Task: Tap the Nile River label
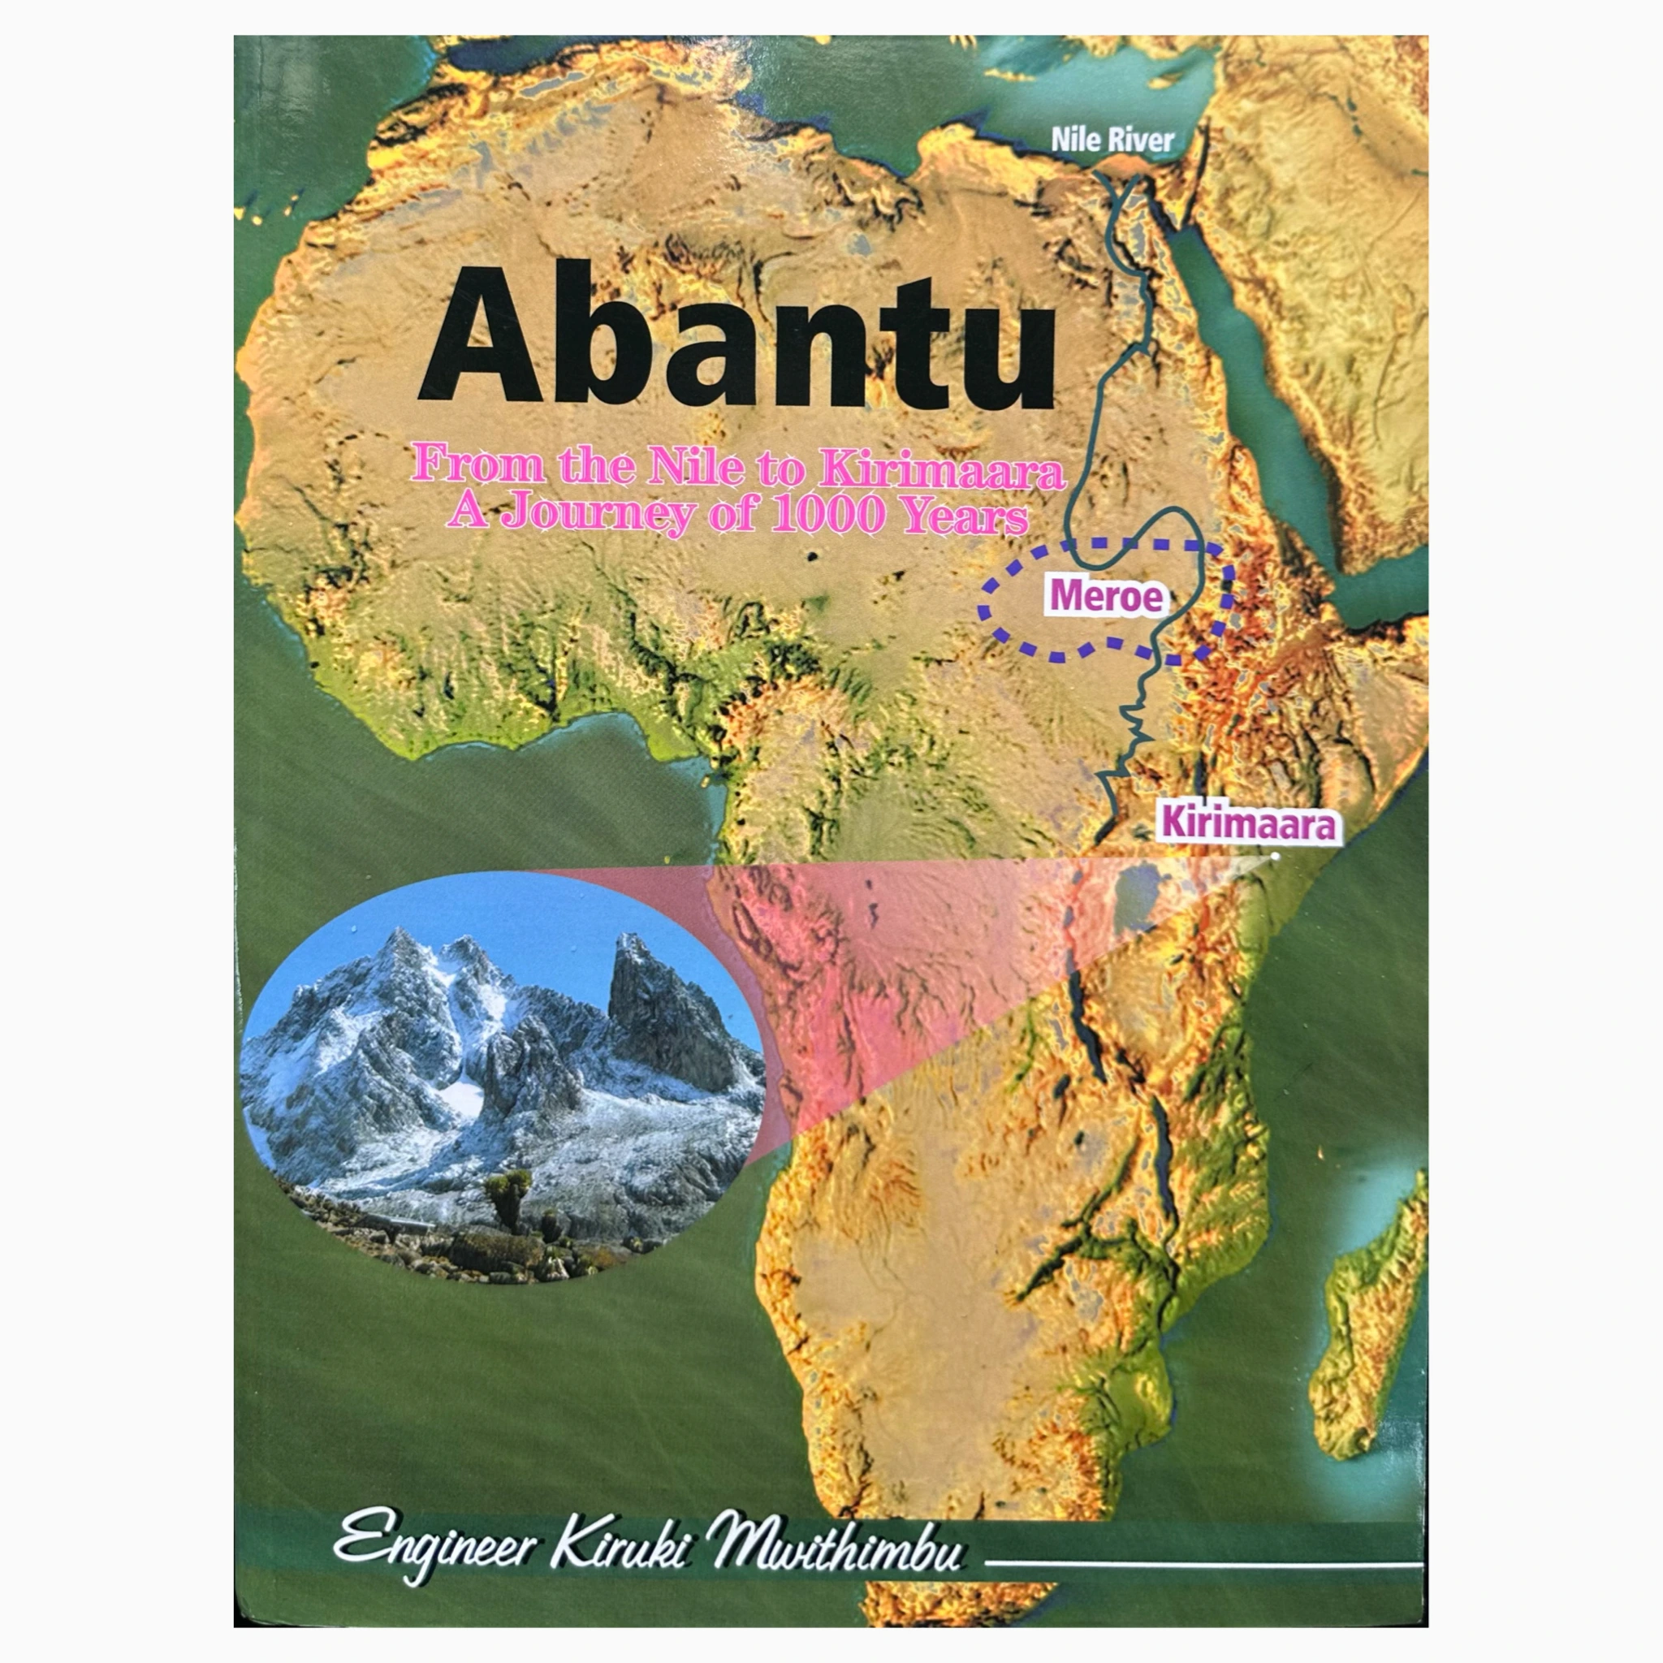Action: pyautogui.click(x=1112, y=140)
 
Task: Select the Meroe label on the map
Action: pyautogui.click(x=1106, y=597)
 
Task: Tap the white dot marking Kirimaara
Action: pyautogui.click(x=1275, y=856)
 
